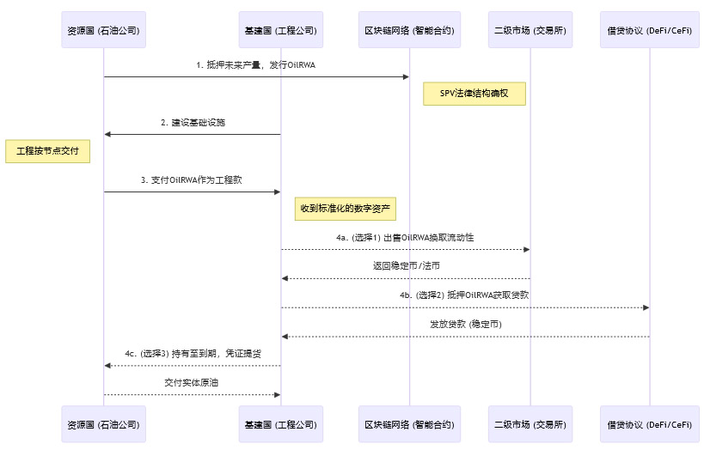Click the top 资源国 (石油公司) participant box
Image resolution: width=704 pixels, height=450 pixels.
tap(103, 31)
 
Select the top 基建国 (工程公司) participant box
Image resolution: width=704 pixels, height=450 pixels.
tap(281, 31)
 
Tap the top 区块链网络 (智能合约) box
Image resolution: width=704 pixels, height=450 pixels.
tap(409, 31)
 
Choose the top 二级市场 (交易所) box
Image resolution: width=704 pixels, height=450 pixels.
tap(530, 31)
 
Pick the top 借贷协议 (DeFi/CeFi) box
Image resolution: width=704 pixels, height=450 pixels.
tap(650, 31)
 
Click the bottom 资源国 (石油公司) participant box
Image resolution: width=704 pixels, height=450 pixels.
tap(103, 424)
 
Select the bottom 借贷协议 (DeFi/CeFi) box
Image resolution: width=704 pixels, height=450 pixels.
tap(650, 424)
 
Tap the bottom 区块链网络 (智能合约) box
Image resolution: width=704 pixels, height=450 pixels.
tap(409, 424)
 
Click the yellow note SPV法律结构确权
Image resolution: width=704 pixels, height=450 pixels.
tap(474, 94)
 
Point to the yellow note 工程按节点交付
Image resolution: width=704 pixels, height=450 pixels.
tap(47, 151)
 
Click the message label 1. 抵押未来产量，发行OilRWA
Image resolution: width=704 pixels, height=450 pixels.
tap(256, 65)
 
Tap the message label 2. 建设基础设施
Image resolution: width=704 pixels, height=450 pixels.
tap(193, 123)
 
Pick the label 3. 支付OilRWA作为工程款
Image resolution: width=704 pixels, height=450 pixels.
tap(193, 180)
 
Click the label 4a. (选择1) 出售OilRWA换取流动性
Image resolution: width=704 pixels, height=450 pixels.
tap(405, 238)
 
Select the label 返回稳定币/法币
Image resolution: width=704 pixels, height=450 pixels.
tap(405, 266)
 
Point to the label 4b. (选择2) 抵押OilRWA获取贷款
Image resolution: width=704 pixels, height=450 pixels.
tap(464, 295)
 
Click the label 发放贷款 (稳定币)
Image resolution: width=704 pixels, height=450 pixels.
tap(465, 324)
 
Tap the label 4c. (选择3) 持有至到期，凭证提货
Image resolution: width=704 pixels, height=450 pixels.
tap(193, 353)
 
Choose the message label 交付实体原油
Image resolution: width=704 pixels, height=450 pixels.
tap(193, 381)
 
